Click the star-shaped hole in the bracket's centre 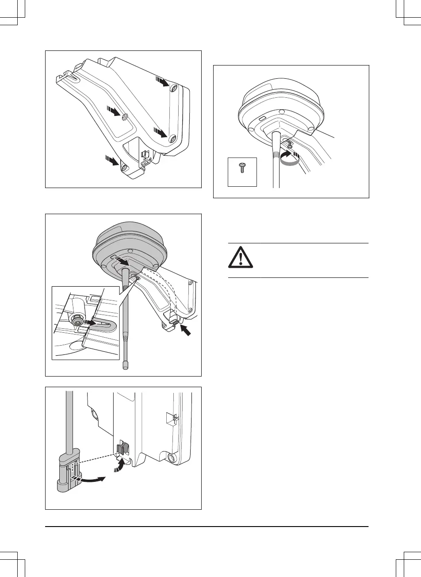(x=125, y=116)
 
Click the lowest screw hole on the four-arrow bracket (x=124, y=168)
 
